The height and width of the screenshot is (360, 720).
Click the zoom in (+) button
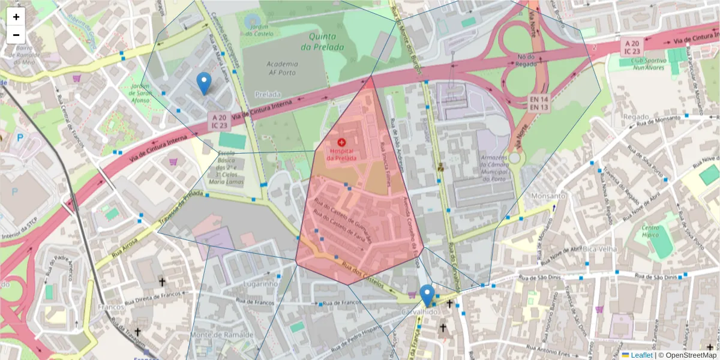16,17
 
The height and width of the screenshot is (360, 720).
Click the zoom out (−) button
16,35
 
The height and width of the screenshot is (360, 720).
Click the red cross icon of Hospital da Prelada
341,142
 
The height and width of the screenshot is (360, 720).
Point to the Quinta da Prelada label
322,41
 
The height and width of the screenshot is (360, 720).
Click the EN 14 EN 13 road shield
539,102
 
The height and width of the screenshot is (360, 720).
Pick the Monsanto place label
548,196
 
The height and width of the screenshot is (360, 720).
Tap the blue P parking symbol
20,137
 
